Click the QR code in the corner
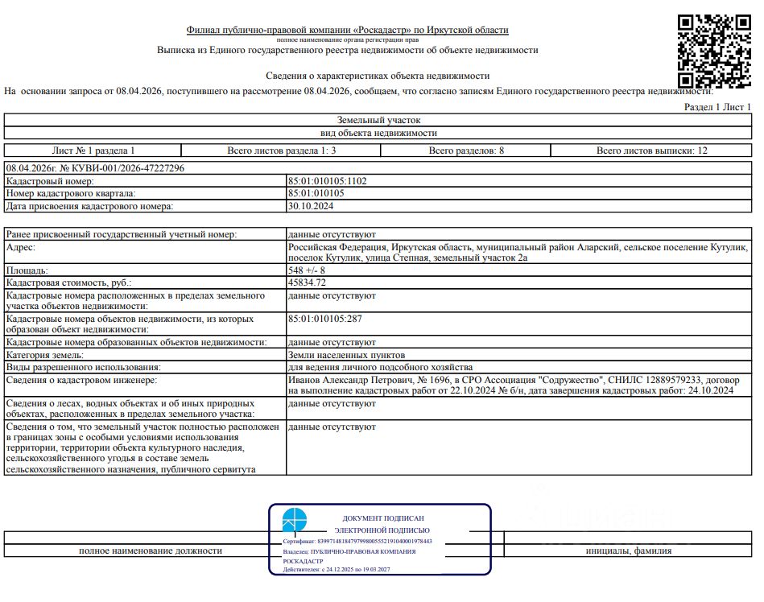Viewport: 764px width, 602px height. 714,50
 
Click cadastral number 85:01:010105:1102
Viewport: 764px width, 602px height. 327,181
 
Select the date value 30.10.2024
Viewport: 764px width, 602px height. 310,207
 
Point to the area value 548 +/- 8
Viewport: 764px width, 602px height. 308,271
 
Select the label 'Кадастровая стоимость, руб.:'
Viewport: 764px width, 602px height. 68,283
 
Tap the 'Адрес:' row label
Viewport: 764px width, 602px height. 27,247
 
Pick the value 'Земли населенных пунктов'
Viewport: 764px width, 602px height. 346,355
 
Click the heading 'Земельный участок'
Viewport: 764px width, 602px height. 378,120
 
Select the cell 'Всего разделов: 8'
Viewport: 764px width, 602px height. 466,150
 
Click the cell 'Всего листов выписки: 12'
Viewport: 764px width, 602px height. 652,150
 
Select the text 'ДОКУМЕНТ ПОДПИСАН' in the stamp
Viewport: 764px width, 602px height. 383,519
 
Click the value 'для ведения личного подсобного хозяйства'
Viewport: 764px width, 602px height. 374,367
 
